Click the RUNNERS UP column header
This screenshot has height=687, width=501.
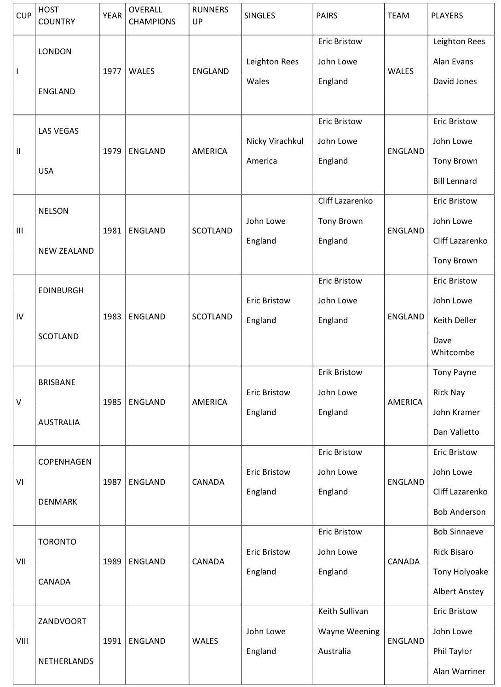click(x=210, y=16)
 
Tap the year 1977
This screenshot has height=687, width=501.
click(x=112, y=71)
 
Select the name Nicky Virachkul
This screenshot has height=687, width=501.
click(x=275, y=141)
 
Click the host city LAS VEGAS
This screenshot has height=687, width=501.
click(x=58, y=131)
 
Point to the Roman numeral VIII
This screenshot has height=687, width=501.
click(x=22, y=641)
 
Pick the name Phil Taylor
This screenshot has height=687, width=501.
click(x=452, y=651)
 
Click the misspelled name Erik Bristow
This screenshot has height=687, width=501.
click(x=340, y=372)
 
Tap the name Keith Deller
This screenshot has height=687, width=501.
click(x=455, y=320)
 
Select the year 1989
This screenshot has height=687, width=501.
click(x=112, y=562)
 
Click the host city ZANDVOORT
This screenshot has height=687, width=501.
click(x=62, y=621)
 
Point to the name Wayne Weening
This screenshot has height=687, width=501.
click(x=349, y=631)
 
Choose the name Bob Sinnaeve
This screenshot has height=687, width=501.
click(x=458, y=532)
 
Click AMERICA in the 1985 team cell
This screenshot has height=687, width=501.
click(x=405, y=402)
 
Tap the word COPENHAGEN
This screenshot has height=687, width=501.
click(x=65, y=462)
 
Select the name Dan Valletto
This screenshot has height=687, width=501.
click(x=456, y=432)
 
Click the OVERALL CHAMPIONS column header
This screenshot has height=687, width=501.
click(x=152, y=16)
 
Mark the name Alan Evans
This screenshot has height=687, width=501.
click(x=453, y=62)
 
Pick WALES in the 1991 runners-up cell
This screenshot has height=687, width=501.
click(x=205, y=641)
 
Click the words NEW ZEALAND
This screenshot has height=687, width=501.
click(x=66, y=251)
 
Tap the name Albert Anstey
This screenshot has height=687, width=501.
click(x=458, y=591)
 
